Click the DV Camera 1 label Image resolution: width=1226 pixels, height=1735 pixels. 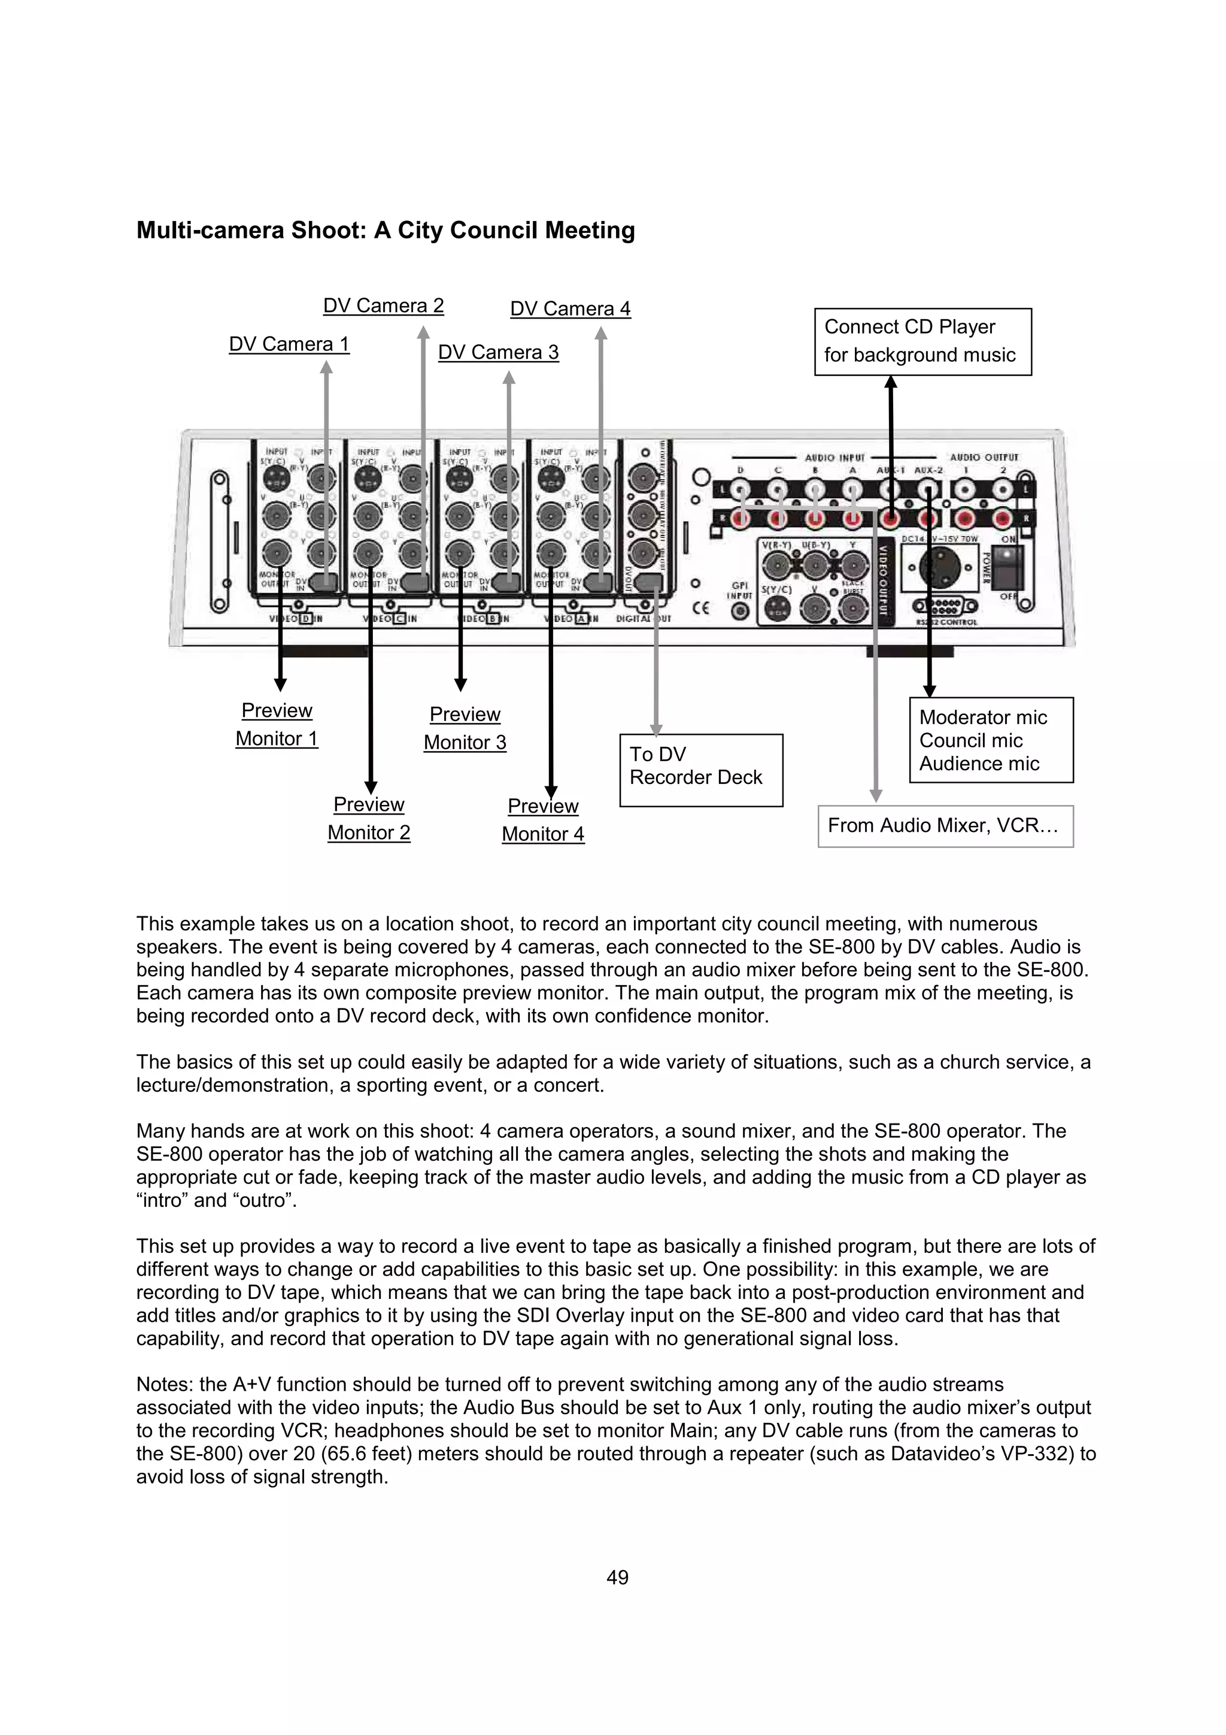click(289, 344)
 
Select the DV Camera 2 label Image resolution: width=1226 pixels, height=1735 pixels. click(383, 306)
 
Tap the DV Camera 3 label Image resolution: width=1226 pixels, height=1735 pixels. click(498, 353)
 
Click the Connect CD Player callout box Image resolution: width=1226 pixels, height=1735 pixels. click(922, 341)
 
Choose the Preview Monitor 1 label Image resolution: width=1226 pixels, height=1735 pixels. click(277, 725)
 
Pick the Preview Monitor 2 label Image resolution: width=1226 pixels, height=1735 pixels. click(369, 818)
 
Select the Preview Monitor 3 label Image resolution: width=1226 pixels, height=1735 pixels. click(465, 728)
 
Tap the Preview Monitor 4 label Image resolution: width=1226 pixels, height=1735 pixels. click(542, 820)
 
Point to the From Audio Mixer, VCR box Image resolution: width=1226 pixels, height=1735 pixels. click(945, 826)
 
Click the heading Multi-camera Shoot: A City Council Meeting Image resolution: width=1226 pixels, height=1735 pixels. click(386, 231)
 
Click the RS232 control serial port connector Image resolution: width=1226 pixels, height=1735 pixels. click(945, 606)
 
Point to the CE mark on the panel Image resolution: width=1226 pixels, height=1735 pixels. click(700, 608)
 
